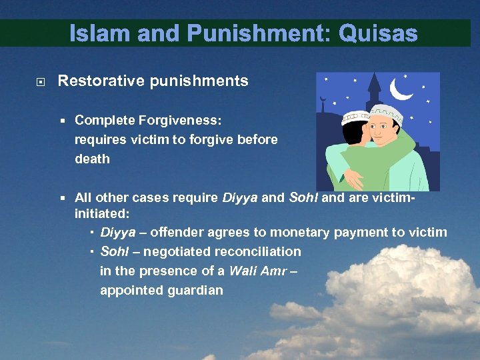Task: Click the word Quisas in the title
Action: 377,33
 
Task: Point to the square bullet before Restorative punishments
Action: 41,82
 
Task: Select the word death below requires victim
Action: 91,160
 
